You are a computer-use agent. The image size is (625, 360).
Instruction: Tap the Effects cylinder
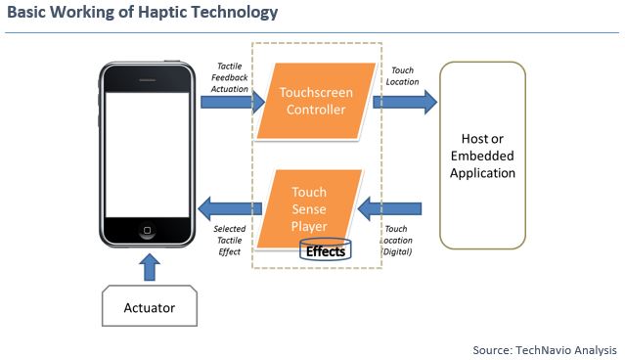325,251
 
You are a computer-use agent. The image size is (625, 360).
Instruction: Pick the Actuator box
150,307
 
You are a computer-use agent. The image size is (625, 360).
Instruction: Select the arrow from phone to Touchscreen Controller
233,101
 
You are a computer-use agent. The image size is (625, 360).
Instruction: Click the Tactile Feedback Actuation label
231,75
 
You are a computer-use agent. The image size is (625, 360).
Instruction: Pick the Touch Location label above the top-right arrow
404,75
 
